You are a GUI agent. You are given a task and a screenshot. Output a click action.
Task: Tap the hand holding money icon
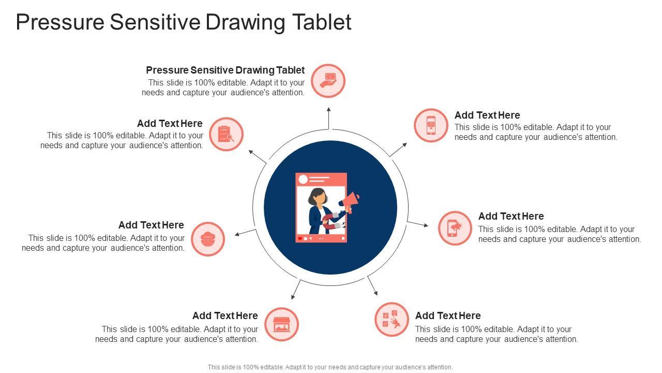pos(328,81)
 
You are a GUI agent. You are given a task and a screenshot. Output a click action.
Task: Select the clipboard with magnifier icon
pos(226,134)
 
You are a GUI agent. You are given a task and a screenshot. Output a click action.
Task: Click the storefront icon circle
pos(281,324)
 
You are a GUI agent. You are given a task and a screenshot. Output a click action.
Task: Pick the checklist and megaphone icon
pos(392,320)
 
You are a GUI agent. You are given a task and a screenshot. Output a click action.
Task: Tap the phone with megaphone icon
pos(455,228)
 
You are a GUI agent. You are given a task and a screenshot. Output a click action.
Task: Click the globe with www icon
pos(208,239)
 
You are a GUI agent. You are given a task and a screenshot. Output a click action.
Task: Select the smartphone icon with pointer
pos(431,125)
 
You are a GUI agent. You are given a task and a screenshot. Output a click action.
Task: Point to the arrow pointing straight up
pos(328,118)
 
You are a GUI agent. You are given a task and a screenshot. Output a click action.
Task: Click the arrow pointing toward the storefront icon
pos(296,290)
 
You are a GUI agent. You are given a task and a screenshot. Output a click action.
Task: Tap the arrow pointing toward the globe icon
pos(245,233)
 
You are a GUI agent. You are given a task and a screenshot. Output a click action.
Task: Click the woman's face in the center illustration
pos(320,198)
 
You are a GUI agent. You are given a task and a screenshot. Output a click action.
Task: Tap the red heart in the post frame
pos(299,239)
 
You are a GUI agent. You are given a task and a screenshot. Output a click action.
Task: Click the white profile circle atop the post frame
pos(303,179)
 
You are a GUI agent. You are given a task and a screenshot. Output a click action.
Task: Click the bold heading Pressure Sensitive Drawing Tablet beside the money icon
pos(225,70)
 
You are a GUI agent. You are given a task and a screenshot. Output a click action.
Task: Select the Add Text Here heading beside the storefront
pos(225,315)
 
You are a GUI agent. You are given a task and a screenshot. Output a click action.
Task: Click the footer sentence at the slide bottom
pos(330,367)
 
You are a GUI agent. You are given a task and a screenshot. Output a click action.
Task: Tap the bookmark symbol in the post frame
pos(343,239)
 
